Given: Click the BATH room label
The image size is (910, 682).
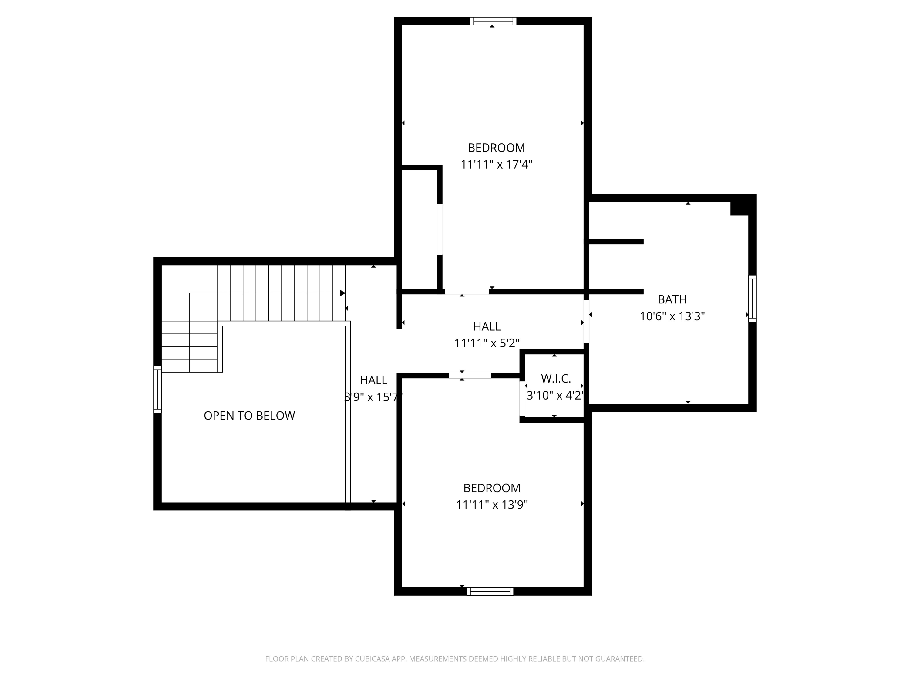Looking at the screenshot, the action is (672, 299).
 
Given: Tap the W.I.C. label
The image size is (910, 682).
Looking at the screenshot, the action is (556, 379).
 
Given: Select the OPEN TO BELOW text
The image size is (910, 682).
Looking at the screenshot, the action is (249, 416).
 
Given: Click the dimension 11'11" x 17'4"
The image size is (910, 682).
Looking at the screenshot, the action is (496, 164).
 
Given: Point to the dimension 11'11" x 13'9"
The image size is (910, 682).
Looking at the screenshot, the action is (492, 505).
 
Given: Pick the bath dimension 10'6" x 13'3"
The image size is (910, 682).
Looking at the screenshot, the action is (672, 316).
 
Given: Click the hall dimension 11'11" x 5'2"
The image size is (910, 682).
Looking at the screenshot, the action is (487, 343).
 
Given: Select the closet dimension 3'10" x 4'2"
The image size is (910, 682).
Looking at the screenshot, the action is (555, 396).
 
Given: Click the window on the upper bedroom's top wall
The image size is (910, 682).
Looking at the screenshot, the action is (493, 21).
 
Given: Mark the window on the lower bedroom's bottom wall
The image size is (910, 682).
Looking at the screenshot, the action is (490, 592).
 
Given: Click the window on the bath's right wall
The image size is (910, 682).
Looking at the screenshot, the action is (752, 299).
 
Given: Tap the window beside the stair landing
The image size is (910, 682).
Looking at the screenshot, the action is (157, 389).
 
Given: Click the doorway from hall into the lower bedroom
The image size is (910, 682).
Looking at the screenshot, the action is (470, 375).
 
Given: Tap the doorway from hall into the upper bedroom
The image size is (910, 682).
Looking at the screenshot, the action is (467, 292).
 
